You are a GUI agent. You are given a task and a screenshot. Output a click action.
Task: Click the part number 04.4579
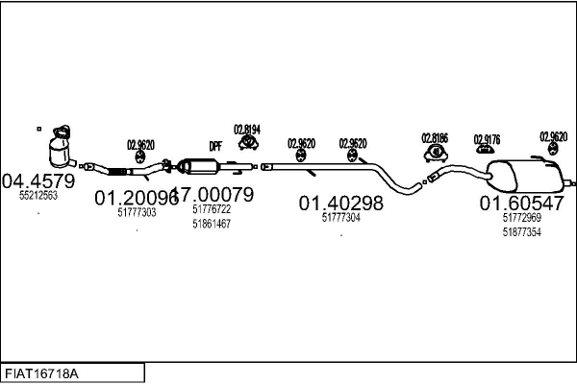[x=38, y=180]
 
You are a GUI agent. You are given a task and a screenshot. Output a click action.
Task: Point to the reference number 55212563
[x=38, y=195]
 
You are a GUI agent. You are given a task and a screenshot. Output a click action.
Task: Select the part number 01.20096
[x=135, y=198]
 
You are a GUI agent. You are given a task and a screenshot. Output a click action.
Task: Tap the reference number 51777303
[x=137, y=213]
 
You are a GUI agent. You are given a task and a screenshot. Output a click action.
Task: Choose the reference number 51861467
[x=212, y=224]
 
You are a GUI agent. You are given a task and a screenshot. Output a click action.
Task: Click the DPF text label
[x=215, y=146]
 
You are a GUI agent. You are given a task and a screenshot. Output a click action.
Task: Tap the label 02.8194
[x=247, y=129]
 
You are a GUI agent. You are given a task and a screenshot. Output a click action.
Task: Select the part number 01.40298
[x=340, y=203]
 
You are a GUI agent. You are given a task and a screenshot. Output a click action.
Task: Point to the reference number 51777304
[x=340, y=218]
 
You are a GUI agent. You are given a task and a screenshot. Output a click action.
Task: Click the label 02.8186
[x=436, y=137]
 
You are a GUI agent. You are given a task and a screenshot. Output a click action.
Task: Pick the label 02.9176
[x=487, y=139]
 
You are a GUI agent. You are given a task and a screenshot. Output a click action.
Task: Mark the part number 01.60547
[x=522, y=203]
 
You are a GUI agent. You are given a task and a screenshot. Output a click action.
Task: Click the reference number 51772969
[x=522, y=218]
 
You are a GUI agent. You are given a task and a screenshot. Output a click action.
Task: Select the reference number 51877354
[x=522, y=231]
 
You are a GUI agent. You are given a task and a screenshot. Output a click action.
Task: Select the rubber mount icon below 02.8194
[x=247, y=143]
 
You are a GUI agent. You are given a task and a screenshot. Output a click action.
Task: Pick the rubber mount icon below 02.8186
[x=436, y=152]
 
